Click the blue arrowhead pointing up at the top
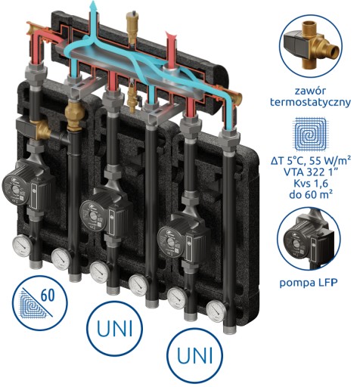[94, 4]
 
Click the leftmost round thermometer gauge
[23, 246]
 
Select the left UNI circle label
[115, 328]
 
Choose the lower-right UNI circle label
[195, 355]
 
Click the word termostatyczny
[310, 102]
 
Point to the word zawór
[310, 91]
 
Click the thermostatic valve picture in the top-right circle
[311, 48]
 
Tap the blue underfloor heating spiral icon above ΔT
[311, 133]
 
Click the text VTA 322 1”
[311, 172]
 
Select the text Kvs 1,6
[311, 184]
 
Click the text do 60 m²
[311, 194]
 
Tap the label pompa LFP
[309, 283]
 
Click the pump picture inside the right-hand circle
[307, 240]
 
